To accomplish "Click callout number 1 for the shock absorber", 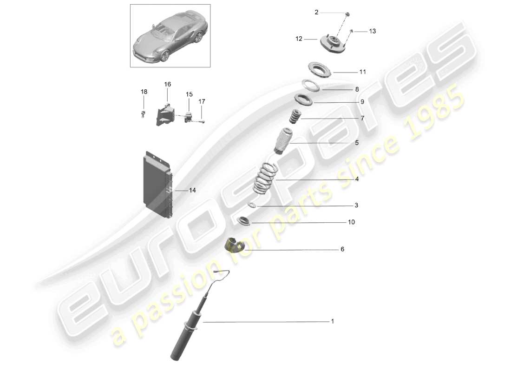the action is (x=332, y=321).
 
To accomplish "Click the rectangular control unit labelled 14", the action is (x=157, y=186).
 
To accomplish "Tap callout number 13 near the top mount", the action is (x=372, y=31).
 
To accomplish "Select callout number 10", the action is (x=351, y=222).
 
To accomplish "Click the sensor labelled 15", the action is (x=189, y=117).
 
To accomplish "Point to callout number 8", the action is (x=357, y=89).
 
